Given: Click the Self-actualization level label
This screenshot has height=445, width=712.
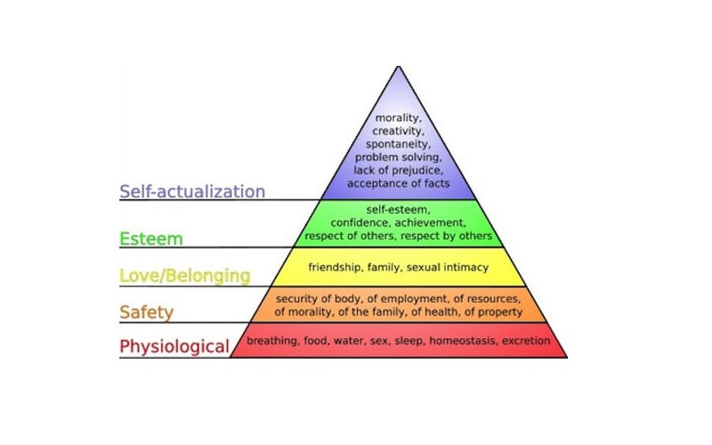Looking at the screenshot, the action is point(192,191).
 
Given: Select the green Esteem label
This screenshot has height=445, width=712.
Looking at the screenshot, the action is point(150,239).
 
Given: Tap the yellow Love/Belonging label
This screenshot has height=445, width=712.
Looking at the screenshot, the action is point(185,276).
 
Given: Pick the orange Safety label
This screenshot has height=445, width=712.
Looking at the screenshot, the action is point(146,312).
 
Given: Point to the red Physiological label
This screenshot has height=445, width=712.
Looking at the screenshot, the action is point(174,346).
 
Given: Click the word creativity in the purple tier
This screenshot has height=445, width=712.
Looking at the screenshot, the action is point(398,131).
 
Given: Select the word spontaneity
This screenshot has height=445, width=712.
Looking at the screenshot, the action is point(398,144).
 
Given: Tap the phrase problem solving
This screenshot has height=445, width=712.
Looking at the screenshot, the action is point(398,158).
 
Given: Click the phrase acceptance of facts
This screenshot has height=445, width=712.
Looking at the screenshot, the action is point(398,183).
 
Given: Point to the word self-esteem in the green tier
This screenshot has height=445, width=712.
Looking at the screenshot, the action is point(398,210).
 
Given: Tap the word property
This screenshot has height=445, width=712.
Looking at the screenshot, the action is point(500,312).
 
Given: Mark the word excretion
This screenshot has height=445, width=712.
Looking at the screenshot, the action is point(526,341).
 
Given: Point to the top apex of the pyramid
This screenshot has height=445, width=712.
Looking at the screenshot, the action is point(398,66).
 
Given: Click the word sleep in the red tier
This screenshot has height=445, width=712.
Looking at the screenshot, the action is point(409,341).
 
